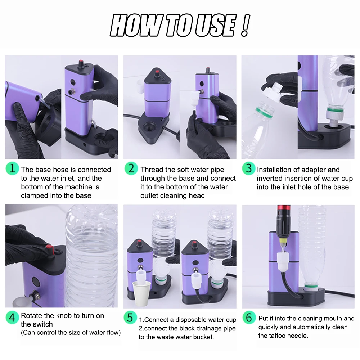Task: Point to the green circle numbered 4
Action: (x=12, y=317)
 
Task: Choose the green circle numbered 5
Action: (x=130, y=317)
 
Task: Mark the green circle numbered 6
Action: (x=249, y=317)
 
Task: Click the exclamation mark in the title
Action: (x=245, y=26)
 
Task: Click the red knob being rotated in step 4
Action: (x=49, y=249)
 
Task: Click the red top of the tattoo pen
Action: (x=284, y=208)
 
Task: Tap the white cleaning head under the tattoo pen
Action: (x=283, y=262)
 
